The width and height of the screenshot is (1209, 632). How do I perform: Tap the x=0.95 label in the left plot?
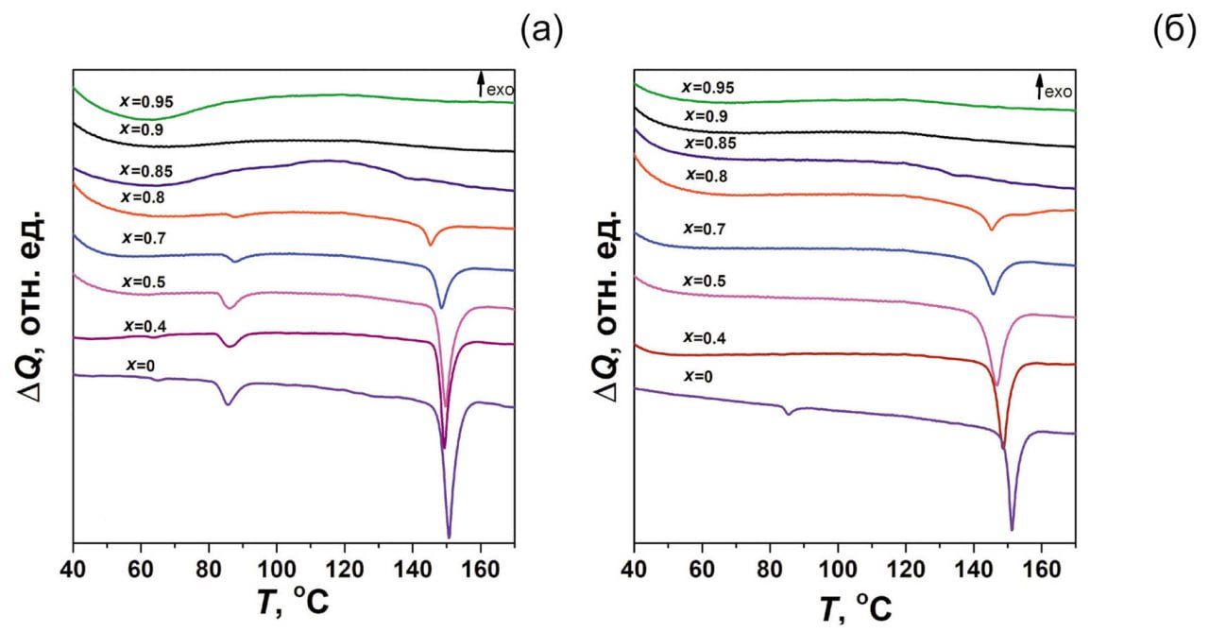tap(146, 101)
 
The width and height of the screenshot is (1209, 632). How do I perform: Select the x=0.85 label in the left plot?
tap(146, 170)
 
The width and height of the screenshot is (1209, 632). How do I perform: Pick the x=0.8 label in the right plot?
tap(707, 176)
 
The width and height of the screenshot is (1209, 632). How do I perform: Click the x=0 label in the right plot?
tap(700, 377)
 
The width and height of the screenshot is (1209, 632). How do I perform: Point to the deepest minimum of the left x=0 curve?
tap(449, 536)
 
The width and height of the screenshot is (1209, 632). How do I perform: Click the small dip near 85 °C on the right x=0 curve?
tap(787, 413)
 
